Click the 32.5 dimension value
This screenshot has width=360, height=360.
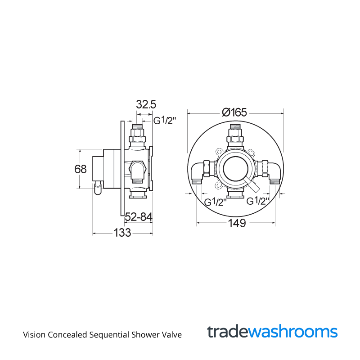click(146, 105)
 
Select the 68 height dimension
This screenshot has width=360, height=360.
click(81, 169)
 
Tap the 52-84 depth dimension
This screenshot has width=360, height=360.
click(138, 217)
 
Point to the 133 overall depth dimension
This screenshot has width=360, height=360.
click(122, 233)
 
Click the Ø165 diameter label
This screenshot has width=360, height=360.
click(234, 112)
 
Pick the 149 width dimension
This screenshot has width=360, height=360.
click(236, 223)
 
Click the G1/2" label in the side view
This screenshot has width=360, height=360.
click(165, 121)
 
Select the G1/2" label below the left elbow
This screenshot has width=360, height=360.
click(215, 202)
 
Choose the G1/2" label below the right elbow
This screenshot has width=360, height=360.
click(258, 201)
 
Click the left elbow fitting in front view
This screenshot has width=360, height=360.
click(198, 171)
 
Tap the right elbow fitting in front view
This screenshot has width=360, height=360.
click(274, 171)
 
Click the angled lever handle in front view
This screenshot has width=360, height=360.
click(250, 184)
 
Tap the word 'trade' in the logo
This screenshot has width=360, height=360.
click(227, 332)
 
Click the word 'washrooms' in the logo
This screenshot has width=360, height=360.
click(292, 332)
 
